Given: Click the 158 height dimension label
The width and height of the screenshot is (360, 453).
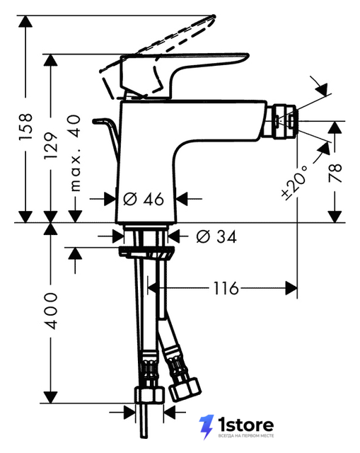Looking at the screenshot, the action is (25, 127).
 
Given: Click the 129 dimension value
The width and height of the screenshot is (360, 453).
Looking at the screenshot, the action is (51, 145).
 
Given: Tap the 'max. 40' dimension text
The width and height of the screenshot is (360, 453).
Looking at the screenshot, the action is (76, 153).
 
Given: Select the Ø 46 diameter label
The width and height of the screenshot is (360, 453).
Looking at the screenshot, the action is (144, 199).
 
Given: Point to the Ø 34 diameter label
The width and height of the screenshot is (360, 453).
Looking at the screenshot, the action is (216, 236).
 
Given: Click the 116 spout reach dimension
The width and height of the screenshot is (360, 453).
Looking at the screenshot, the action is (226, 288).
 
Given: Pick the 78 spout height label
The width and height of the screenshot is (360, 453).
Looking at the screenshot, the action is (335, 173).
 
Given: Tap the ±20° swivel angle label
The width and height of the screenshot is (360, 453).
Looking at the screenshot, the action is (294, 183).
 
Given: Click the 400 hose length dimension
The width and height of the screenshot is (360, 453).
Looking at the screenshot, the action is (51, 311).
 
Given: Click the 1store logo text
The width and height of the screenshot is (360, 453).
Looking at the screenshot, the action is (245, 425).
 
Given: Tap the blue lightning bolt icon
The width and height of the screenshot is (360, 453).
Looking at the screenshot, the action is (206, 427).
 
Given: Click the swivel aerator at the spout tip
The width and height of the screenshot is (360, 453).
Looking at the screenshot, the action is (284, 121).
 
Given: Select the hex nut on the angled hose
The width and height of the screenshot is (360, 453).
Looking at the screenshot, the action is (185, 389).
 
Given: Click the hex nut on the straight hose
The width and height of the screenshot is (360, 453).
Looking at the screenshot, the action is (149, 396).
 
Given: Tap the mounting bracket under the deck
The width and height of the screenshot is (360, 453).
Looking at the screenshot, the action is (146, 253).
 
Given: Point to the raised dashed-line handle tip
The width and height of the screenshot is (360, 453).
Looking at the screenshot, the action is (213, 17).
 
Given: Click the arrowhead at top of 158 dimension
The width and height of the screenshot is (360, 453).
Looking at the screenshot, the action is (25, 22).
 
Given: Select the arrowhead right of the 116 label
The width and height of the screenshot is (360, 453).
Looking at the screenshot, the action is (291, 288).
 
